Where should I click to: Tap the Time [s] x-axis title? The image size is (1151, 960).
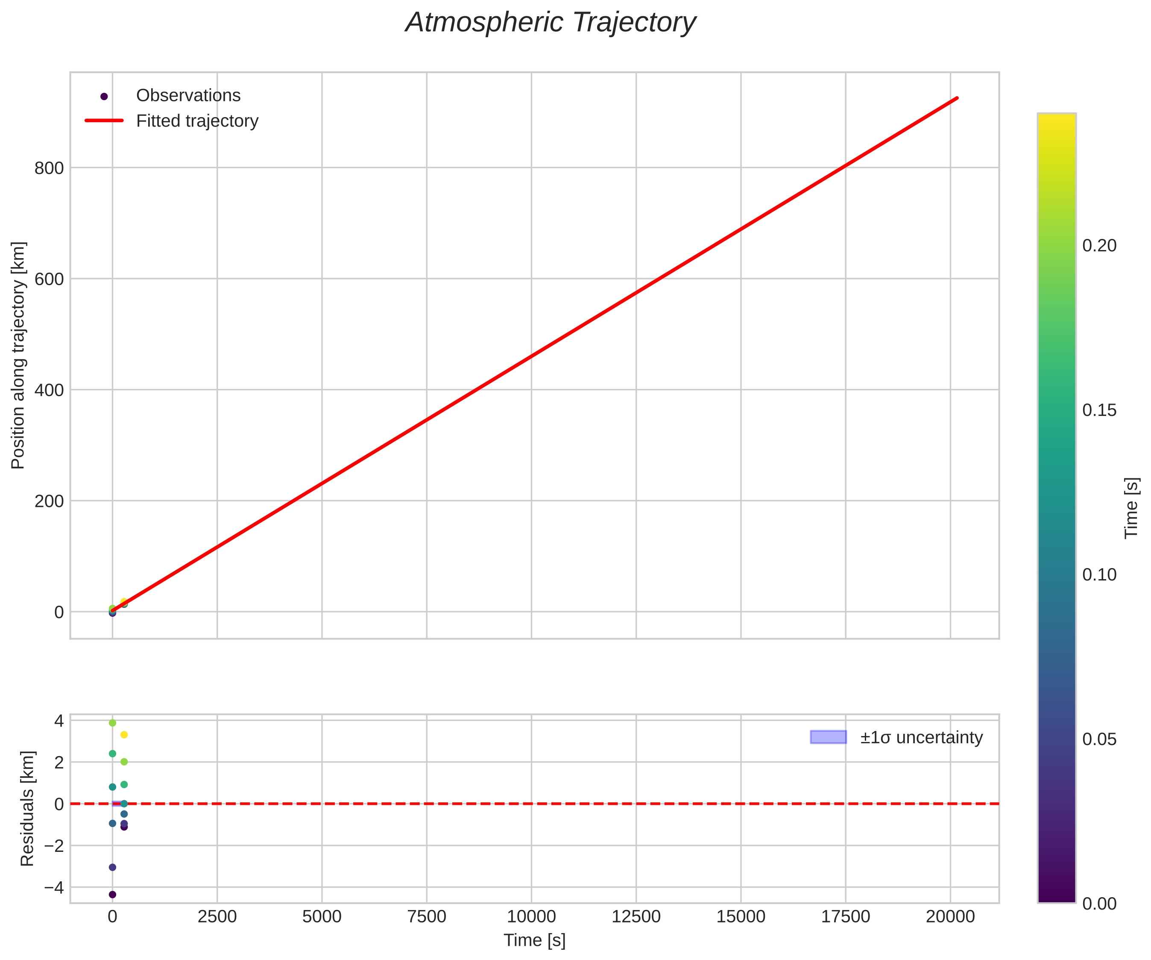(534, 940)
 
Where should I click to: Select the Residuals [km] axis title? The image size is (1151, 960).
(27, 809)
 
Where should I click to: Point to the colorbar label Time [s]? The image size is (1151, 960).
(1131, 508)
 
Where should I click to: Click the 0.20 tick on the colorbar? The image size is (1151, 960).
(1099, 246)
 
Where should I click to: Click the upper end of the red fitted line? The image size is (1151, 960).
(957, 98)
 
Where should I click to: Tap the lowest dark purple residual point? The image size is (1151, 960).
(112, 895)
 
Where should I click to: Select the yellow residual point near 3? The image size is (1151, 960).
(124, 735)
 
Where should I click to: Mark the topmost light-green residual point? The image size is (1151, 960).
(112, 723)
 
